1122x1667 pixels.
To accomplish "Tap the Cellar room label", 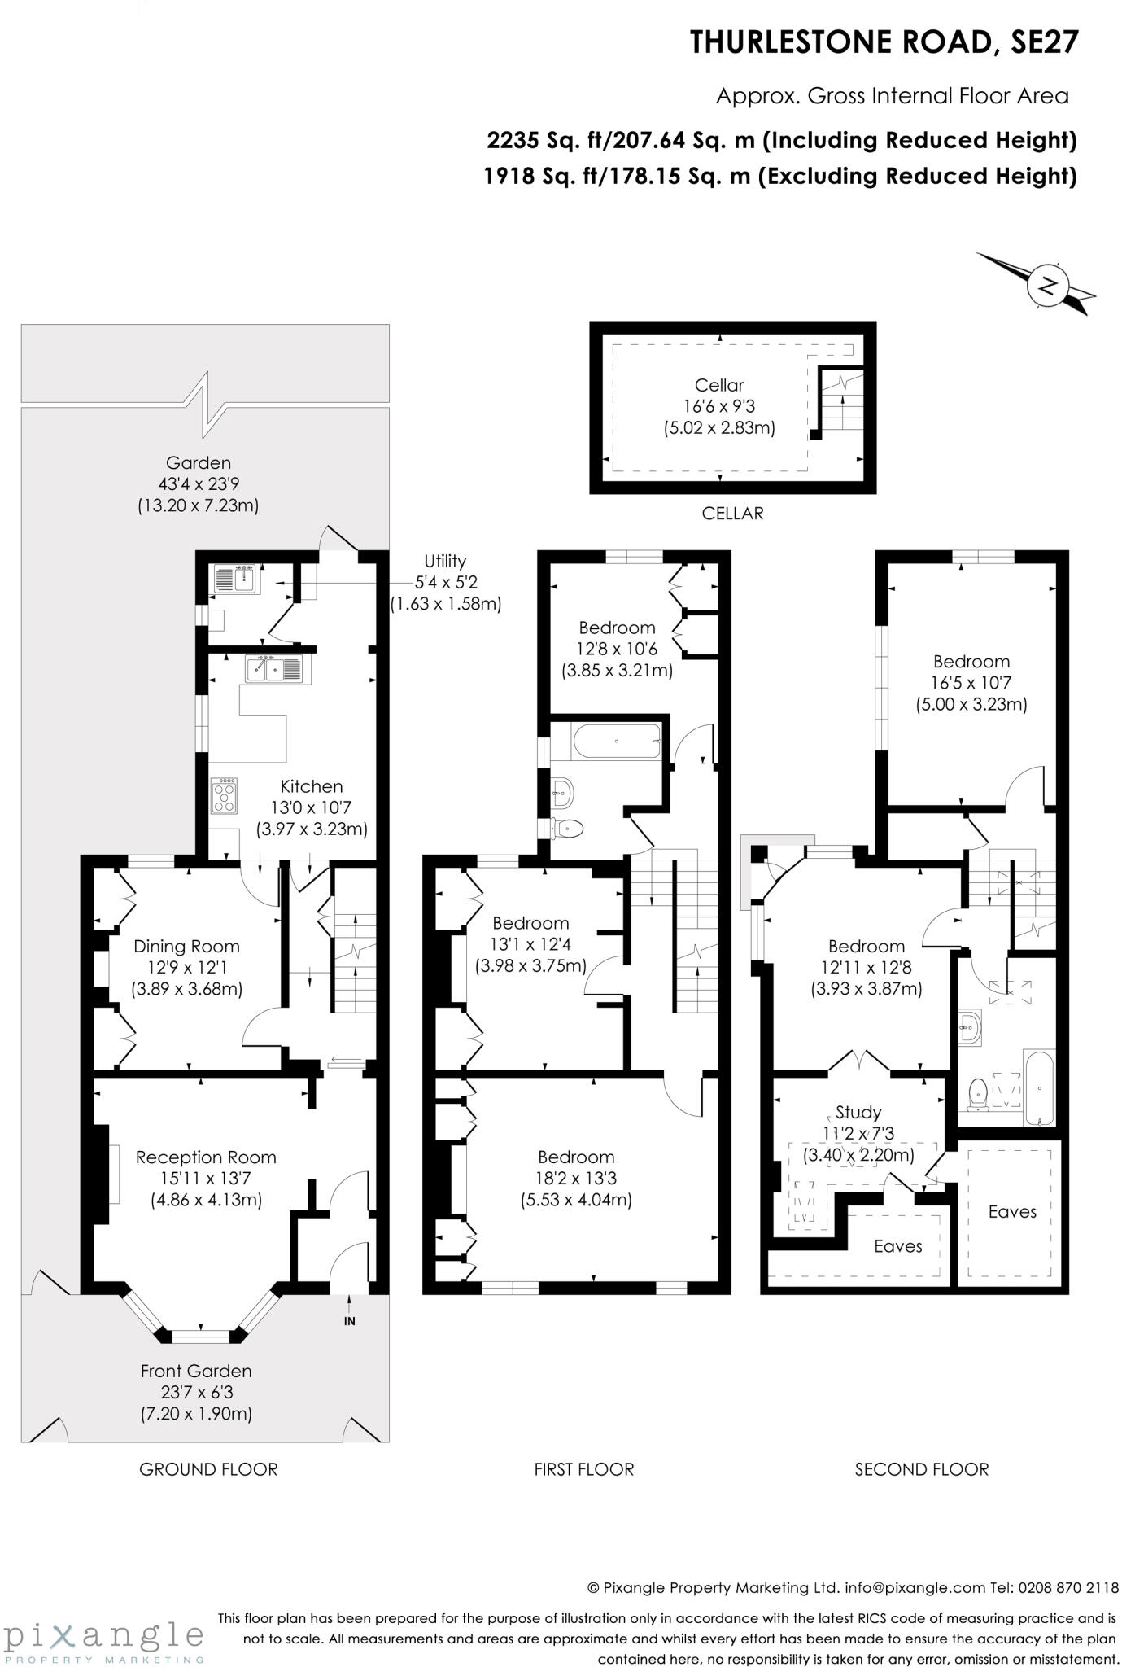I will (x=719, y=385).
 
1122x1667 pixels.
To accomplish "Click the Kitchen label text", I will (x=312, y=786).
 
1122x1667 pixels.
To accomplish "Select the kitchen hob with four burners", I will (x=225, y=796).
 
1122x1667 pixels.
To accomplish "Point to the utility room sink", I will (x=237, y=580).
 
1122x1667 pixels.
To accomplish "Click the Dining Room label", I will (x=186, y=946).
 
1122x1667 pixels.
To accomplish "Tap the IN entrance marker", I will (x=349, y=1321).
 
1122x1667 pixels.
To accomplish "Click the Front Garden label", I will (x=196, y=1371).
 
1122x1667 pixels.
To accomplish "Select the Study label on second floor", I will (x=858, y=1112).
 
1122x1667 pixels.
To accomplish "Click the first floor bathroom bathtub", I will (x=618, y=741).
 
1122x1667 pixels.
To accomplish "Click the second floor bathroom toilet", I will (x=979, y=1094).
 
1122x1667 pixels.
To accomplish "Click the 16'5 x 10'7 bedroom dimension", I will (x=971, y=683).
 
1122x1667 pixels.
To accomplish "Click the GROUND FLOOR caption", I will (x=208, y=1469).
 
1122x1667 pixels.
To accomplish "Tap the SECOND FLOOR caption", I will (x=922, y=1469).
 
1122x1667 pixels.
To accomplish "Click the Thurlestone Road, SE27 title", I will (x=884, y=42).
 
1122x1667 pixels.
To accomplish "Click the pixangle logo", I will (x=104, y=1636).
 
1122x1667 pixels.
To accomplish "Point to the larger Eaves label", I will (x=1012, y=1211).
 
